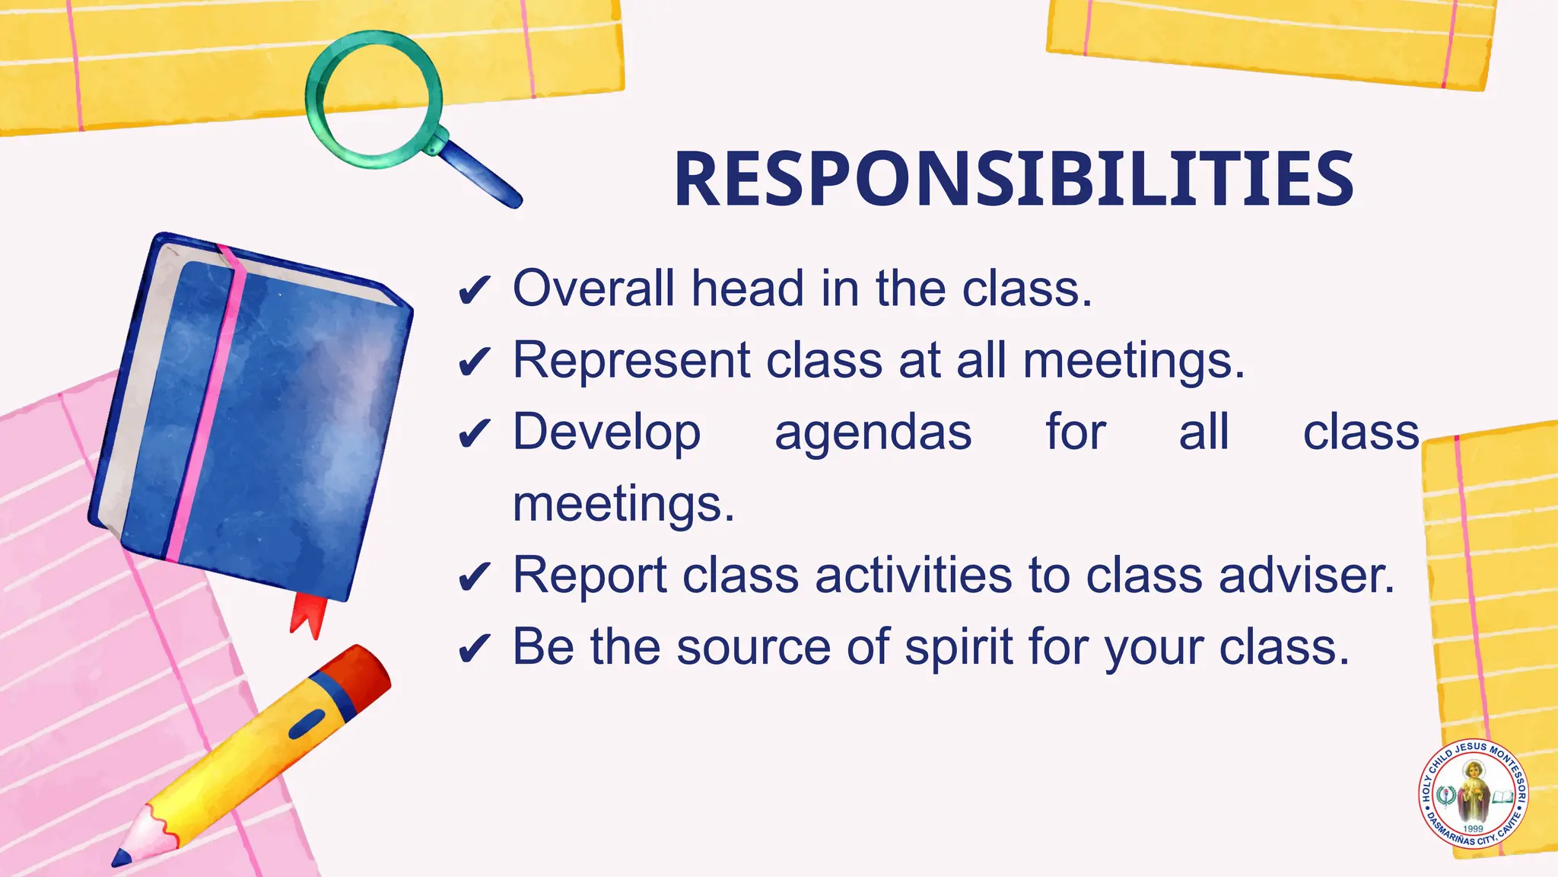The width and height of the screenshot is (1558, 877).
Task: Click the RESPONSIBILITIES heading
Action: (x=1013, y=179)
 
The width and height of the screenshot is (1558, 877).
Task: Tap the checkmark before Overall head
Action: (x=475, y=290)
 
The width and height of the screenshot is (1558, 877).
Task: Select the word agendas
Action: (x=873, y=433)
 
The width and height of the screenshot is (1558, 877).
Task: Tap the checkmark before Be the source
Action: (x=475, y=649)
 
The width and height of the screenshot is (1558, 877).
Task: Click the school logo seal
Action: (x=1474, y=793)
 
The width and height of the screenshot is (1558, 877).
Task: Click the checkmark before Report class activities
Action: (x=475, y=577)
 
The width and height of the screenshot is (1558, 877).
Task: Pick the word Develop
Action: (x=606, y=432)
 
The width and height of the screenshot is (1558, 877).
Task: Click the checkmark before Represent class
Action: (x=475, y=362)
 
